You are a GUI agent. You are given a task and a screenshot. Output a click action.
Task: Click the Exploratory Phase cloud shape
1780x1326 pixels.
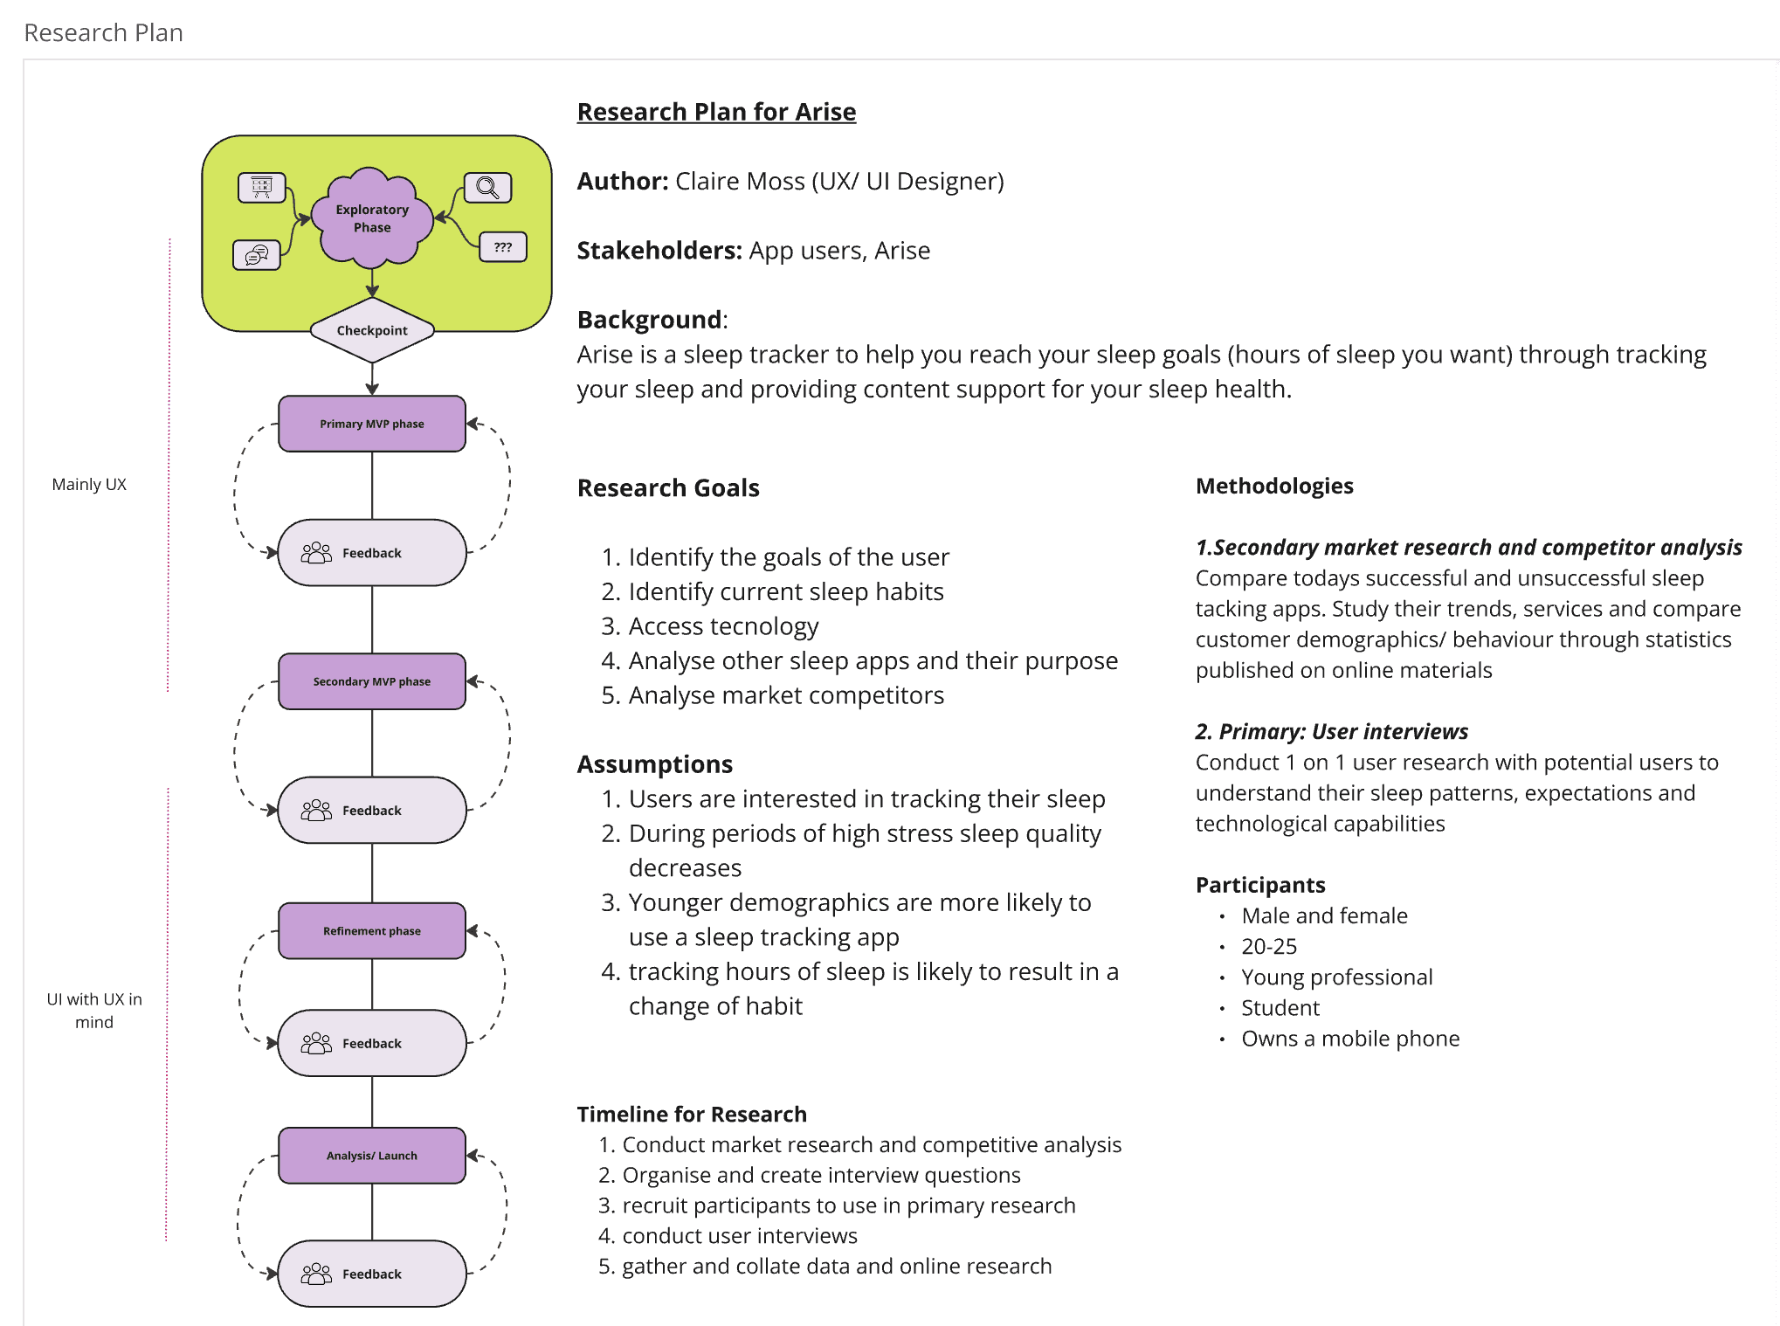(x=372, y=218)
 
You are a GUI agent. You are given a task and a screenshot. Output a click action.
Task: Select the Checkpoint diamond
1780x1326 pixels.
(x=372, y=330)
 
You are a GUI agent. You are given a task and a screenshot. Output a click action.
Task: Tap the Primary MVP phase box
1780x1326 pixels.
(x=372, y=424)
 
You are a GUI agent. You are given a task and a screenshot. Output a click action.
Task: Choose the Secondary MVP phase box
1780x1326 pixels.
(x=372, y=681)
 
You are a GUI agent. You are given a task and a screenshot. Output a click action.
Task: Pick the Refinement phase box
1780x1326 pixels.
(x=372, y=931)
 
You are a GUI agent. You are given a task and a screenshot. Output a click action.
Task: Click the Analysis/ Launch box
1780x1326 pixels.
(x=372, y=1156)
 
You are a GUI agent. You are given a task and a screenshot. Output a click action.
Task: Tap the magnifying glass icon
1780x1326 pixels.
(x=487, y=188)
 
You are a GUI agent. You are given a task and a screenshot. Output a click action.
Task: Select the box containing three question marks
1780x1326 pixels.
(x=503, y=247)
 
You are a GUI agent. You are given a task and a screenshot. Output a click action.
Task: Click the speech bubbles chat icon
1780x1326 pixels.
(x=257, y=255)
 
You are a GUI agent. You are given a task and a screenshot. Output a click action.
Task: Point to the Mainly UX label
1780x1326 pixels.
(x=89, y=485)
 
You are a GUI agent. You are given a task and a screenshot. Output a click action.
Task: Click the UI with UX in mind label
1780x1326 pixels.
(x=94, y=1011)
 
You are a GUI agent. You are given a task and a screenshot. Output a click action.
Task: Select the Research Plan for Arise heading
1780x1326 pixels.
(x=716, y=112)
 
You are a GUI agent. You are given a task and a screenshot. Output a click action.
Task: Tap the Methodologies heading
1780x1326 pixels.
(x=1274, y=486)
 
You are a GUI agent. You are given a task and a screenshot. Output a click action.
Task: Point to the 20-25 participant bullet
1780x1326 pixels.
(x=1269, y=946)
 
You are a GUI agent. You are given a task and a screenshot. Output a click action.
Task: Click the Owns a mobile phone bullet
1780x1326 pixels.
(x=1350, y=1039)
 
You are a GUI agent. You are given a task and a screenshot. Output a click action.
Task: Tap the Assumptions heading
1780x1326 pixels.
(x=655, y=764)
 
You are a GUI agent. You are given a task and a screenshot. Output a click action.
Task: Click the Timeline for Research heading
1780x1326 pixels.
(x=692, y=1115)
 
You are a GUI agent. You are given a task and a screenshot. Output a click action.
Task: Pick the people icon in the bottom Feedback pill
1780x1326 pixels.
(x=316, y=1274)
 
